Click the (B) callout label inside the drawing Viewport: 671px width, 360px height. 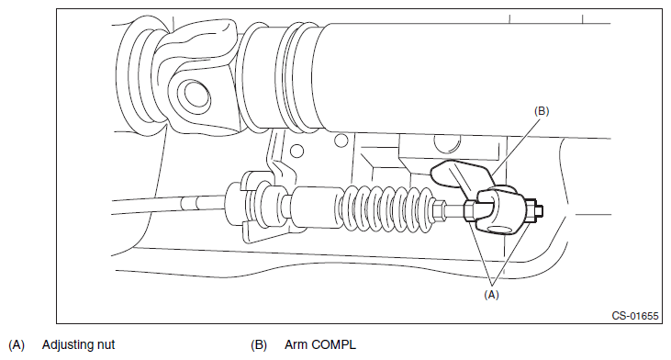point(542,111)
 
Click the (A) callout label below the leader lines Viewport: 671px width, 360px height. point(491,295)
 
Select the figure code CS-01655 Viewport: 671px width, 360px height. point(634,316)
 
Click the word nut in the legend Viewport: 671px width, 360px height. point(107,345)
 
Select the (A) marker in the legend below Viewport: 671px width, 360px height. point(17,345)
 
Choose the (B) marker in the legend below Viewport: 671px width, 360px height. point(259,345)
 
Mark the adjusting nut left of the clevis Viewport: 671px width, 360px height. point(470,211)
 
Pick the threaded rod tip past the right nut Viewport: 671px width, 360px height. point(540,209)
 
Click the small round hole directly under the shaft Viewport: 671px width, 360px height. point(341,140)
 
